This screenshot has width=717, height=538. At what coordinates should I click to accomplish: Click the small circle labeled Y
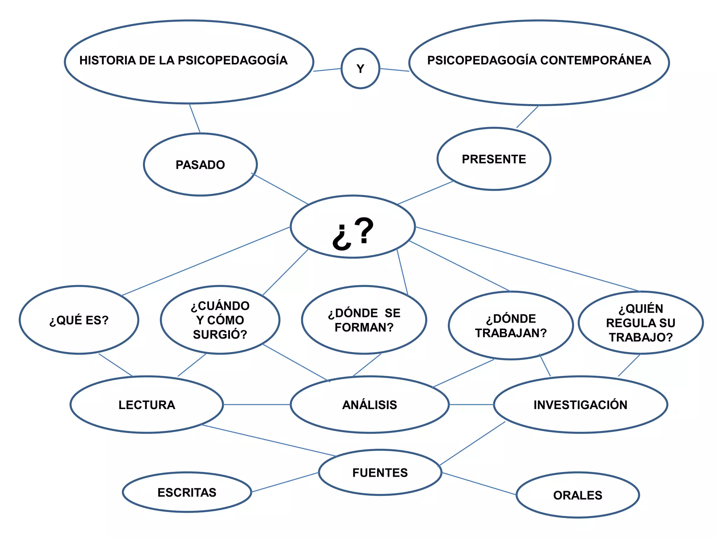360,69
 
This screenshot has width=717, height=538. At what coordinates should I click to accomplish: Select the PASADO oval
200,165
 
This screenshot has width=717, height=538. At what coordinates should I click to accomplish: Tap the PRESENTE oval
494,159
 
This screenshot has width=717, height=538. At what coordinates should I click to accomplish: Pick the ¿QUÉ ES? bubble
79,320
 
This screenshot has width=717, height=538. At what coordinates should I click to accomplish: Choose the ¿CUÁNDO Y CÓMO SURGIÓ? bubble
220,320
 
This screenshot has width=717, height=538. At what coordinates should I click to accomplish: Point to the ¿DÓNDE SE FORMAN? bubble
364,320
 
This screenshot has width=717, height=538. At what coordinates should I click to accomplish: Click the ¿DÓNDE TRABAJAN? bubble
510,326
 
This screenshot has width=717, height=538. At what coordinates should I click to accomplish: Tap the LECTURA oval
147,405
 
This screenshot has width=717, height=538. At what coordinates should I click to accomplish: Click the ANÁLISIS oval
370,405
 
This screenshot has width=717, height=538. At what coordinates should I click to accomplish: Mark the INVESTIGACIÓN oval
580,405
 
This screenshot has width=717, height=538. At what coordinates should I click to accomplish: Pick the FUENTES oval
380,473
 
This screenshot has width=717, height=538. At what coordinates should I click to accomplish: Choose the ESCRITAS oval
187,492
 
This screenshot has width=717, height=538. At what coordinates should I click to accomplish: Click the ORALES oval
578,495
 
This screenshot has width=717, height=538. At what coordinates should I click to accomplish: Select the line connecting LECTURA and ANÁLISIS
257,405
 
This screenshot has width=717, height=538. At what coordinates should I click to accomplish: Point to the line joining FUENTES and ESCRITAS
285,482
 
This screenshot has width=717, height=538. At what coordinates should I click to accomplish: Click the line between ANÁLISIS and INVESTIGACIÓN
471,405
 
